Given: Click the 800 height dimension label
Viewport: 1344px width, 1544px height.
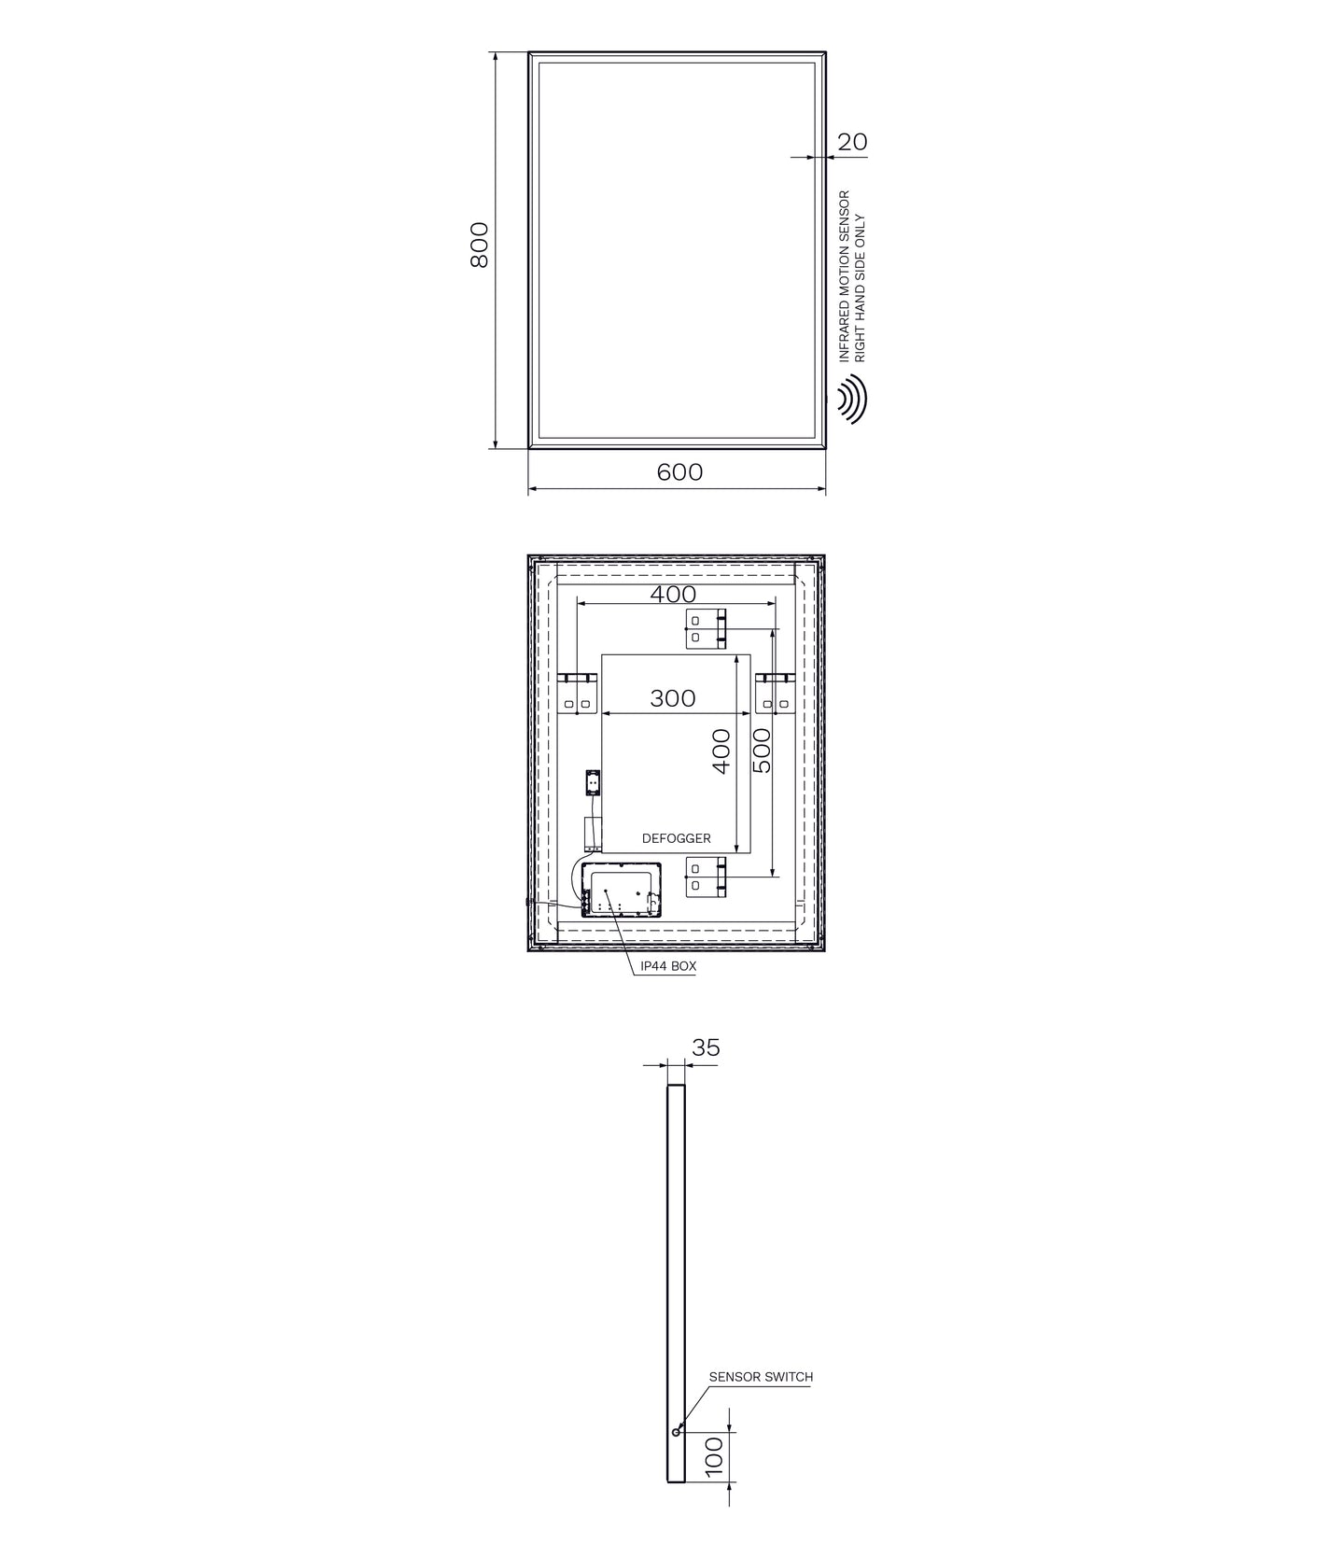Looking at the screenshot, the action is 479,246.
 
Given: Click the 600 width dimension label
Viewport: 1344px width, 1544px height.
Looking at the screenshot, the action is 679,472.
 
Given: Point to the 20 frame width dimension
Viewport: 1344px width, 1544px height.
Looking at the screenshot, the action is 852,142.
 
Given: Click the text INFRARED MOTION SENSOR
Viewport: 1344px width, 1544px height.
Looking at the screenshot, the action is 845,276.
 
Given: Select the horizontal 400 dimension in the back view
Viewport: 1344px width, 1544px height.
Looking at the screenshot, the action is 673,594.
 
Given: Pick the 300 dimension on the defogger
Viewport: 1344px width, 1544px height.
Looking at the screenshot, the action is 673,698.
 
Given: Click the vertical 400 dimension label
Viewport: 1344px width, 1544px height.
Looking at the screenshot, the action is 721,751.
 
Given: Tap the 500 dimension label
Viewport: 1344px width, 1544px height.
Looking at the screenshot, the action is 762,751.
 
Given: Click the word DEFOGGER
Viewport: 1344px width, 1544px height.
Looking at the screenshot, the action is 677,838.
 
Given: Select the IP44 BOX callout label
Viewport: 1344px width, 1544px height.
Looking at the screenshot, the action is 668,967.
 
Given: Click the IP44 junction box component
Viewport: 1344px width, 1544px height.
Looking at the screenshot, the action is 621,890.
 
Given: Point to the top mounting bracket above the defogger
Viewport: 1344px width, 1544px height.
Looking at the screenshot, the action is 707,628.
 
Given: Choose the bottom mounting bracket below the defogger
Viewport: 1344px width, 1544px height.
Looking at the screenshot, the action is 707,878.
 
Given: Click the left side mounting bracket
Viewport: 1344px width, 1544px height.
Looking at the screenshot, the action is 578,693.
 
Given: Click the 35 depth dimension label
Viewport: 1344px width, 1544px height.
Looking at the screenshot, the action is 706,1047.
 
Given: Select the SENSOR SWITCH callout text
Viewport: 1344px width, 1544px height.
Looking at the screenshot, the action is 761,1377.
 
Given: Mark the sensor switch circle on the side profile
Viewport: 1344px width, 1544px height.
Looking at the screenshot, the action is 676,1432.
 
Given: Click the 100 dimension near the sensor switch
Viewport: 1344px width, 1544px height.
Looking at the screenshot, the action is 714,1456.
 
